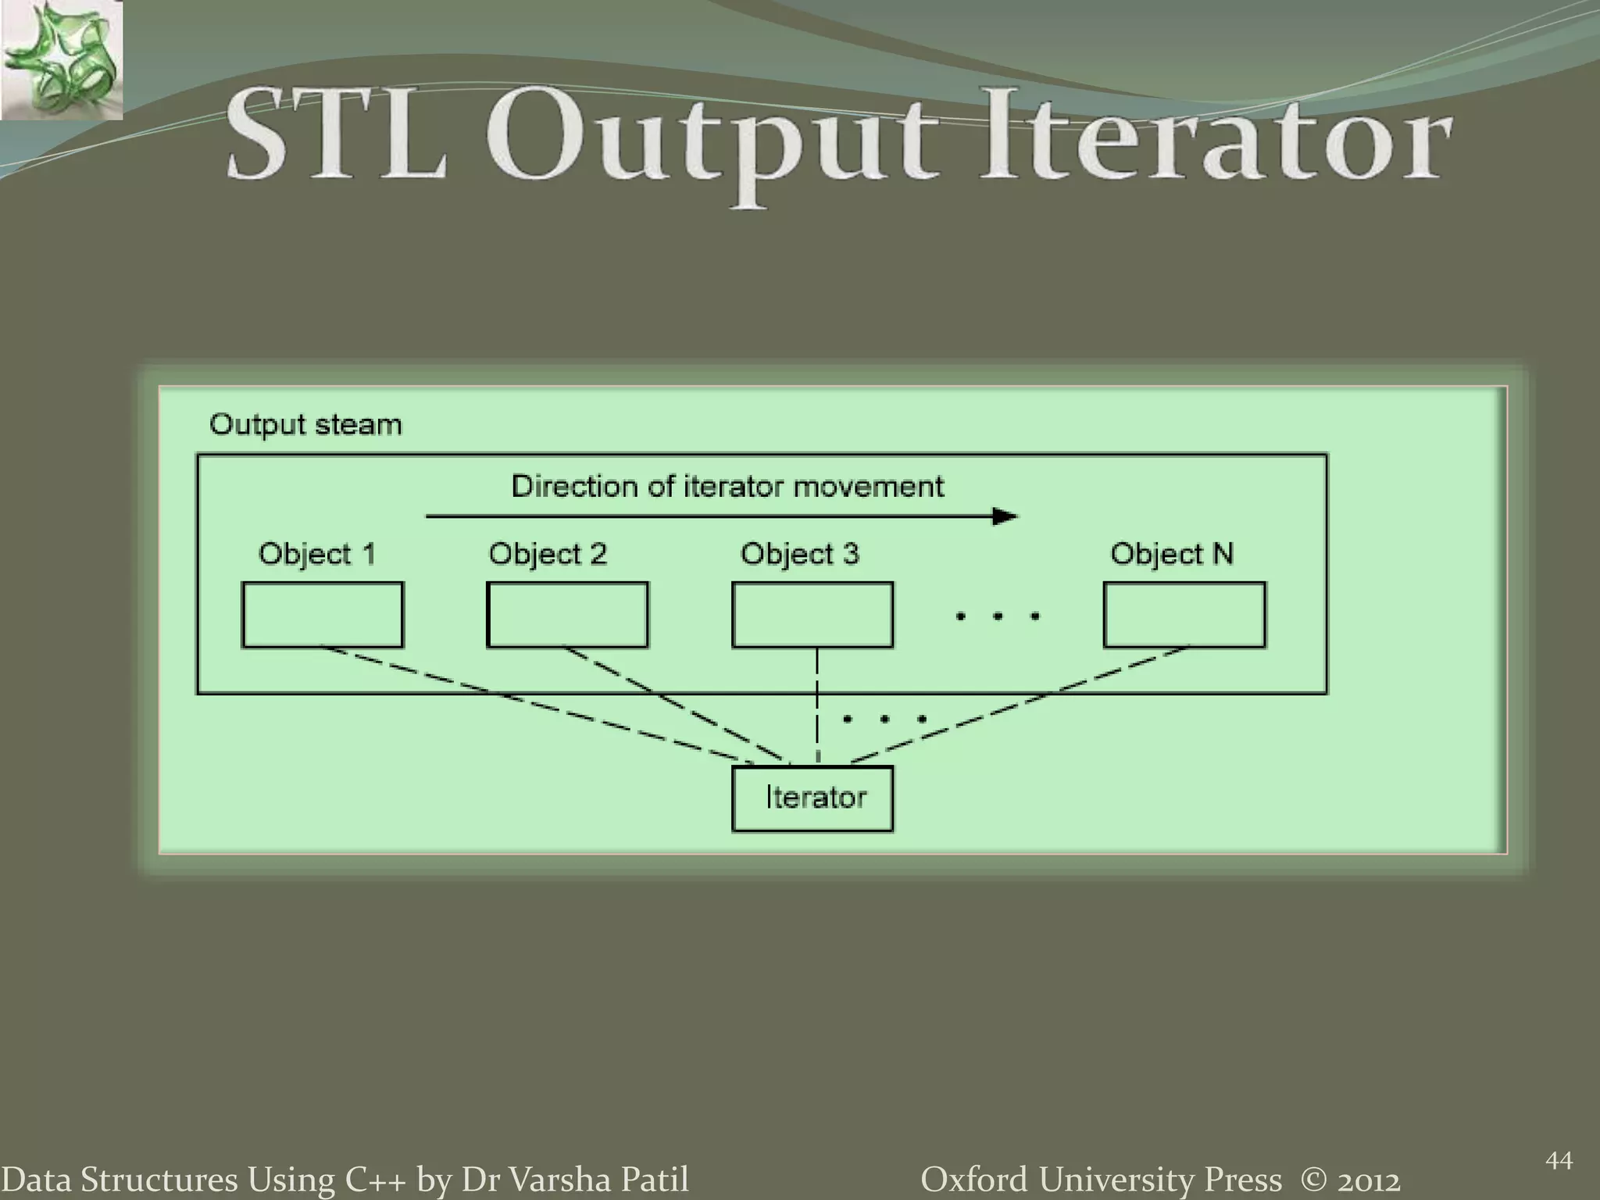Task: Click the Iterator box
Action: [x=812, y=798]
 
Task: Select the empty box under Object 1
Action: [x=323, y=615]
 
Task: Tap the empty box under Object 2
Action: [x=567, y=615]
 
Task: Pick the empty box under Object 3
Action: [x=812, y=615]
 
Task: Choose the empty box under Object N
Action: [x=1184, y=615]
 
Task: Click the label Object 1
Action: [x=317, y=554]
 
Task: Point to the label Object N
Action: [x=1172, y=554]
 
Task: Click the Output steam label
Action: [x=305, y=425]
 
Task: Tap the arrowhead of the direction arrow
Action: [x=1005, y=516]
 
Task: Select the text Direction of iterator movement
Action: [x=727, y=487]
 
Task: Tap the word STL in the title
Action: [x=337, y=137]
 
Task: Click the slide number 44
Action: [x=1559, y=1161]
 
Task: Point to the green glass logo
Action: [x=61, y=59]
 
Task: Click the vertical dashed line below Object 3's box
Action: [x=817, y=703]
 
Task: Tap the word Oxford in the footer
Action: [x=974, y=1179]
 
